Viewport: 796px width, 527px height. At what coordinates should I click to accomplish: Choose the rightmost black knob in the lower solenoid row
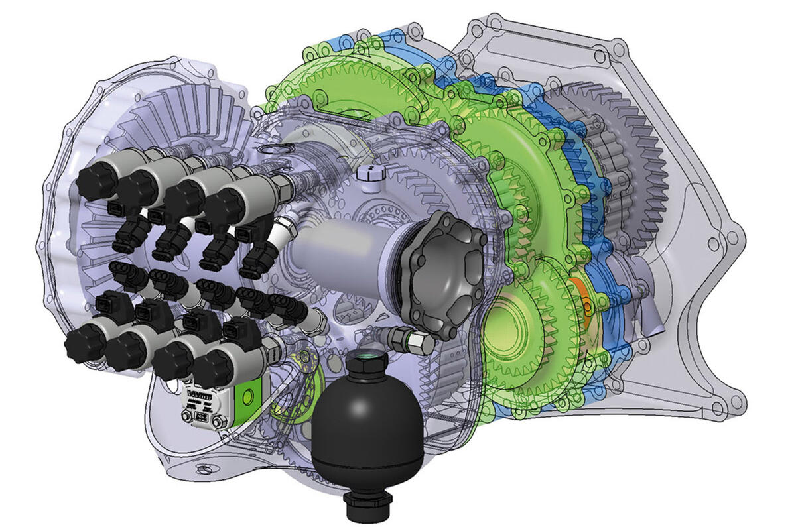coord(211,367)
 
